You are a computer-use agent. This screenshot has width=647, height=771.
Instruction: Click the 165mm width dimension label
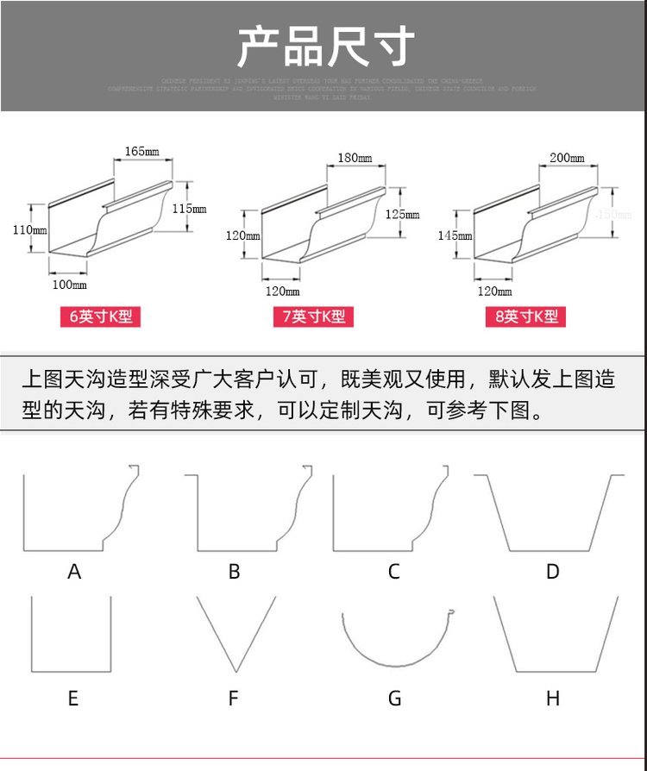click(142, 152)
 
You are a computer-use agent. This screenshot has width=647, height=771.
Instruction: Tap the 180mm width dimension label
click(354, 158)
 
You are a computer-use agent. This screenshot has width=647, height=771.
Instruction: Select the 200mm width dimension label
click(566, 158)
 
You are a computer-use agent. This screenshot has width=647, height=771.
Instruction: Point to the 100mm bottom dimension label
click(69, 285)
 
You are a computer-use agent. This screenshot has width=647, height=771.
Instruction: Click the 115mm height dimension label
click(189, 209)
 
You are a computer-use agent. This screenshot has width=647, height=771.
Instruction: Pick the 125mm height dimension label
click(402, 214)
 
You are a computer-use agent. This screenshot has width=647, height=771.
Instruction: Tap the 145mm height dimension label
click(455, 235)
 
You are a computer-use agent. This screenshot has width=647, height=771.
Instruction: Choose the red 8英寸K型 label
click(526, 317)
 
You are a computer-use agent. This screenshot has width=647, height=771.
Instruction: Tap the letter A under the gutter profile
click(74, 571)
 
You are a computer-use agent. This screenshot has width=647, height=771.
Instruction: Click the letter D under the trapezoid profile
click(553, 571)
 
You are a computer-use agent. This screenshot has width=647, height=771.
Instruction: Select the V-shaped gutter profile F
click(236, 634)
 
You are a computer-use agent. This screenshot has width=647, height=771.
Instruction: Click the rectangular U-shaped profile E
click(72, 634)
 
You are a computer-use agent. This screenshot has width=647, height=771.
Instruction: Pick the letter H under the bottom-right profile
click(553, 698)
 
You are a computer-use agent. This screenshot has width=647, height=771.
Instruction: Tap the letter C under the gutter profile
click(394, 571)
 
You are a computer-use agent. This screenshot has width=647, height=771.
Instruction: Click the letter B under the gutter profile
click(234, 571)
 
